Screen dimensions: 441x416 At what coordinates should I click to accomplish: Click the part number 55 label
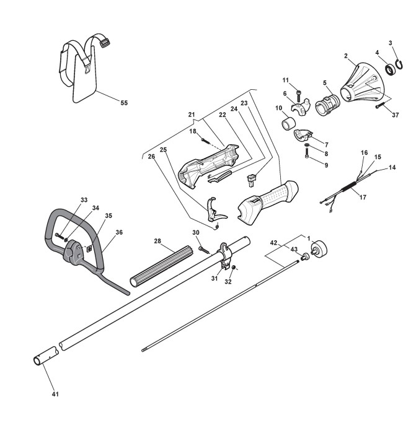124,103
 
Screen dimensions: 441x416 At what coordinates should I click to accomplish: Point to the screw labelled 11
299,94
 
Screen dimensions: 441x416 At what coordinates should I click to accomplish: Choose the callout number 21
192,115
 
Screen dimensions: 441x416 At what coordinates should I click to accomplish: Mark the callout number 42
273,243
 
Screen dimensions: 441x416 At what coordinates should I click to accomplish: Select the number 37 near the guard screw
395,115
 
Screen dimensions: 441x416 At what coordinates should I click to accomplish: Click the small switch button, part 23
251,181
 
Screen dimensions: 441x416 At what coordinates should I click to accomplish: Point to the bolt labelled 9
308,156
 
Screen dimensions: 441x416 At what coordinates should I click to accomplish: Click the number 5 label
324,82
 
